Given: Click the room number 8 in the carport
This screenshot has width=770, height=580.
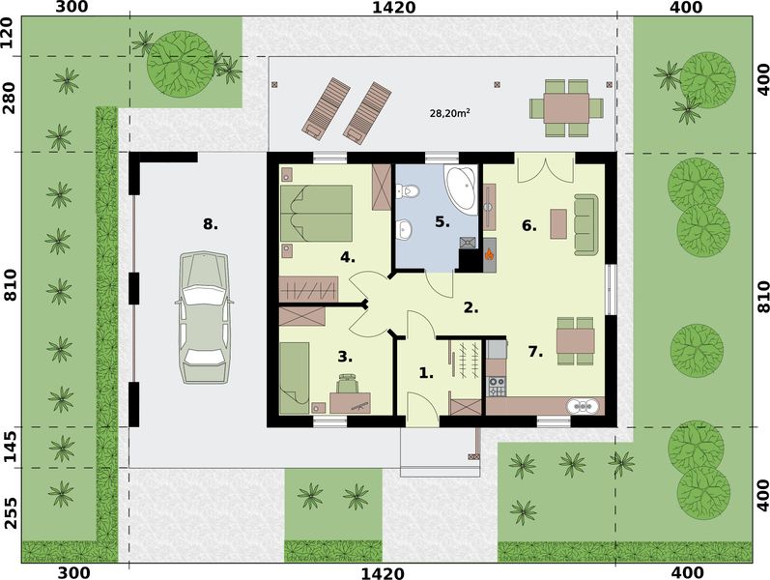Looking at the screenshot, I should pyautogui.click(x=210, y=224).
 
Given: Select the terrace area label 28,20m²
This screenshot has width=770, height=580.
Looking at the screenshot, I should pyautogui.click(x=449, y=113).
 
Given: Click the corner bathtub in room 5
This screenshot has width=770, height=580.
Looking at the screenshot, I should pyautogui.click(x=460, y=187).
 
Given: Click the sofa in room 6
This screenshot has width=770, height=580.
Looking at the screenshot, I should pyautogui.click(x=585, y=224).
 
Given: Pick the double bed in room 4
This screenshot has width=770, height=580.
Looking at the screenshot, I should pyautogui.click(x=316, y=214).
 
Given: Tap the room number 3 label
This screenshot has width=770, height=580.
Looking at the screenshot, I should pyautogui.click(x=345, y=356).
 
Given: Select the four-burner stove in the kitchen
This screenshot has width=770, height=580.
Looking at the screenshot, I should pyautogui.click(x=496, y=387).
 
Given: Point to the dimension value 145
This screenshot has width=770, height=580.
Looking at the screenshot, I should pyautogui.click(x=12, y=447).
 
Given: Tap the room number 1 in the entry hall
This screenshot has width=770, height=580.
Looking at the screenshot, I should pyautogui.click(x=426, y=371).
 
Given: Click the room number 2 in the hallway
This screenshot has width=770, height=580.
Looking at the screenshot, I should pyautogui.click(x=471, y=308).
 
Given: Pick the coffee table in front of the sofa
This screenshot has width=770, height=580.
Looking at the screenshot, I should pyautogui.click(x=558, y=223).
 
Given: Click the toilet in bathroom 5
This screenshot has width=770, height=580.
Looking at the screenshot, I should pyautogui.click(x=410, y=191).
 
